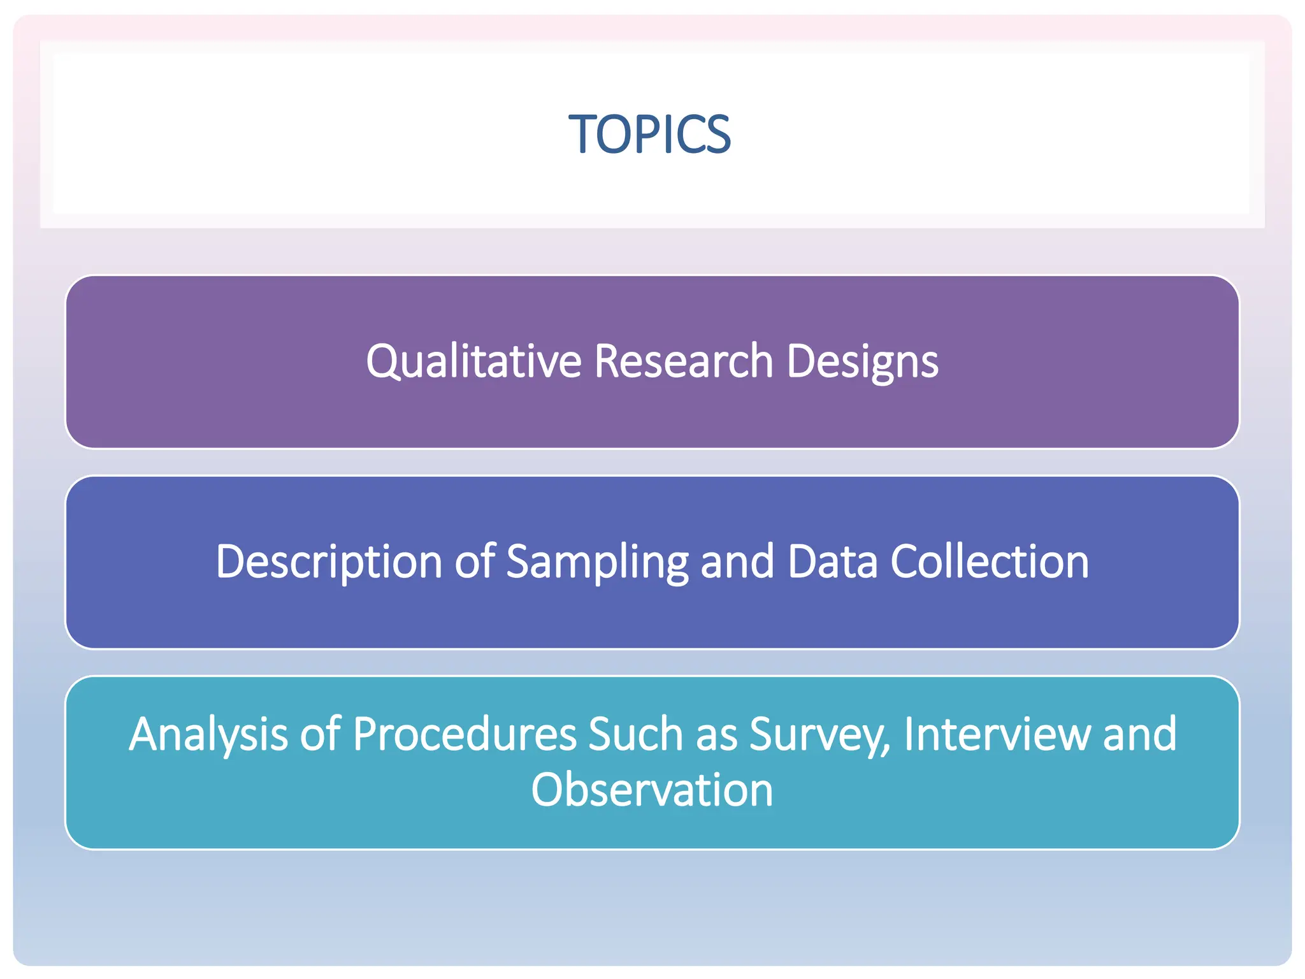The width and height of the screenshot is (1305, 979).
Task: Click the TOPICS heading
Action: (649, 134)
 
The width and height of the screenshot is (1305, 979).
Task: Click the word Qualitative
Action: (473, 361)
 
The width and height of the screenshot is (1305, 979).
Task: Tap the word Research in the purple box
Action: (683, 361)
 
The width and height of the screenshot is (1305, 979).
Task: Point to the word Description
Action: (328, 562)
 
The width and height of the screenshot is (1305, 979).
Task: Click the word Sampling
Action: (597, 562)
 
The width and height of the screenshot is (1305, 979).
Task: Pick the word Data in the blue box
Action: (832, 562)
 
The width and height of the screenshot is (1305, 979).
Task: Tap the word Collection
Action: (989, 562)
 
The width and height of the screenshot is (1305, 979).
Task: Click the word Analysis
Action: (208, 735)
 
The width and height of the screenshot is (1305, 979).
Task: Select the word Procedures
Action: (465, 735)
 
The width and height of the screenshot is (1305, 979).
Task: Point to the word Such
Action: (635, 735)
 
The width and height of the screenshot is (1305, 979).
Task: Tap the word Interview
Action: (997, 735)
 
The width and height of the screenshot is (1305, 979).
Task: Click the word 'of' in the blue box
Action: (474, 562)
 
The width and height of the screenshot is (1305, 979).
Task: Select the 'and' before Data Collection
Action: (737, 562)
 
